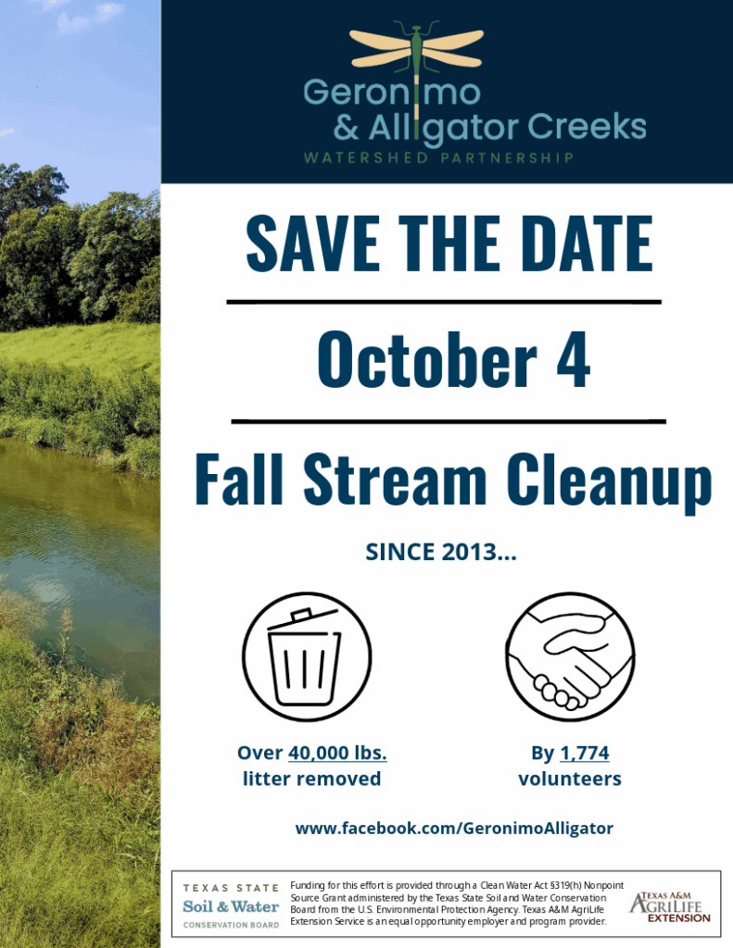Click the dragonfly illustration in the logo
tap(416, 67)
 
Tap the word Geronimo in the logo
tap(392, 92)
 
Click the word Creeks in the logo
tap(587, 126)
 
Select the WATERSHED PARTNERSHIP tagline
tap(438, 158)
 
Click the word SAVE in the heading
tap(312, 243)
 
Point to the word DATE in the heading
tap(587, 243)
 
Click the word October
tap(427, 359)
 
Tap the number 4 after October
tap(573, 360)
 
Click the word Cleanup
tap(610, 481)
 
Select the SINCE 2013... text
tap(441, 552)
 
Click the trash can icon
tap(307, 656)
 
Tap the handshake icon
tap(570, 656)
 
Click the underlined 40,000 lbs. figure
tap(337, 754)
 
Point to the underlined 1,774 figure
tap(585, 754)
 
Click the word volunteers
tap(570, 779)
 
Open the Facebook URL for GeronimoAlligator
tap(454, 829)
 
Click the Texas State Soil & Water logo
tap(232, 905)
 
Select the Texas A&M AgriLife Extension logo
tap(669, 907)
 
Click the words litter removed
tap(311, 779)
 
